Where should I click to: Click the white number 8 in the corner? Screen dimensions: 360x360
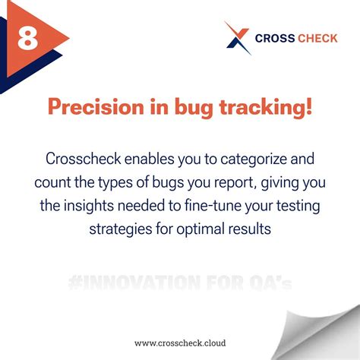(28, 37)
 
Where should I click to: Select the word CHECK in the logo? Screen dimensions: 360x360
(317, 38)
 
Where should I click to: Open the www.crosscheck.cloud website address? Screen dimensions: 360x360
(179, 343)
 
